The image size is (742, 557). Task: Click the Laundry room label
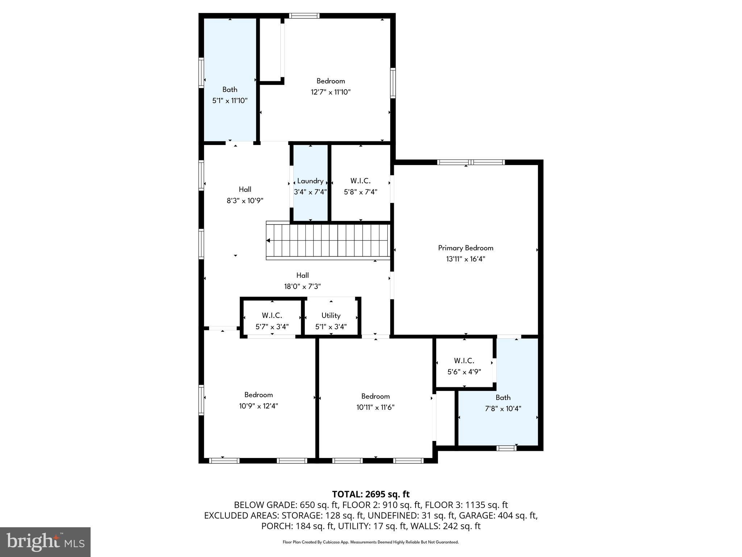coord(310,181)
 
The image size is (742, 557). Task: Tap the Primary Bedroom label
coord(466,248)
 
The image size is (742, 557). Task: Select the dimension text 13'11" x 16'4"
coord(466,259)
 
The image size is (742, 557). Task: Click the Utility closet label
coord(331,315)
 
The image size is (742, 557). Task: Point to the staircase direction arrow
coord(268,240)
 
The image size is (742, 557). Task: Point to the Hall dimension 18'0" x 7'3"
coord(303,286)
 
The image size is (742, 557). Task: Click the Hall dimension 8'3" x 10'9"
coord(245,201)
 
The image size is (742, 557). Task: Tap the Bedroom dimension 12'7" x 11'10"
coord(330,92)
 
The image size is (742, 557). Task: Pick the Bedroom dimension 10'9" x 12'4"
coord(258,406)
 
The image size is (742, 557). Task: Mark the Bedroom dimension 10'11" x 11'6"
coord(375,407)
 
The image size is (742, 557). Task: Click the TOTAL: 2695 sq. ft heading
coord(371,494)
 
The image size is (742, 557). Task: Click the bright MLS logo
coord(45,542)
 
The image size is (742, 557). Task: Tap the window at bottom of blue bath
coord(506,448)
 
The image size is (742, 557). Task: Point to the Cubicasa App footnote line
coord(371,542)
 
